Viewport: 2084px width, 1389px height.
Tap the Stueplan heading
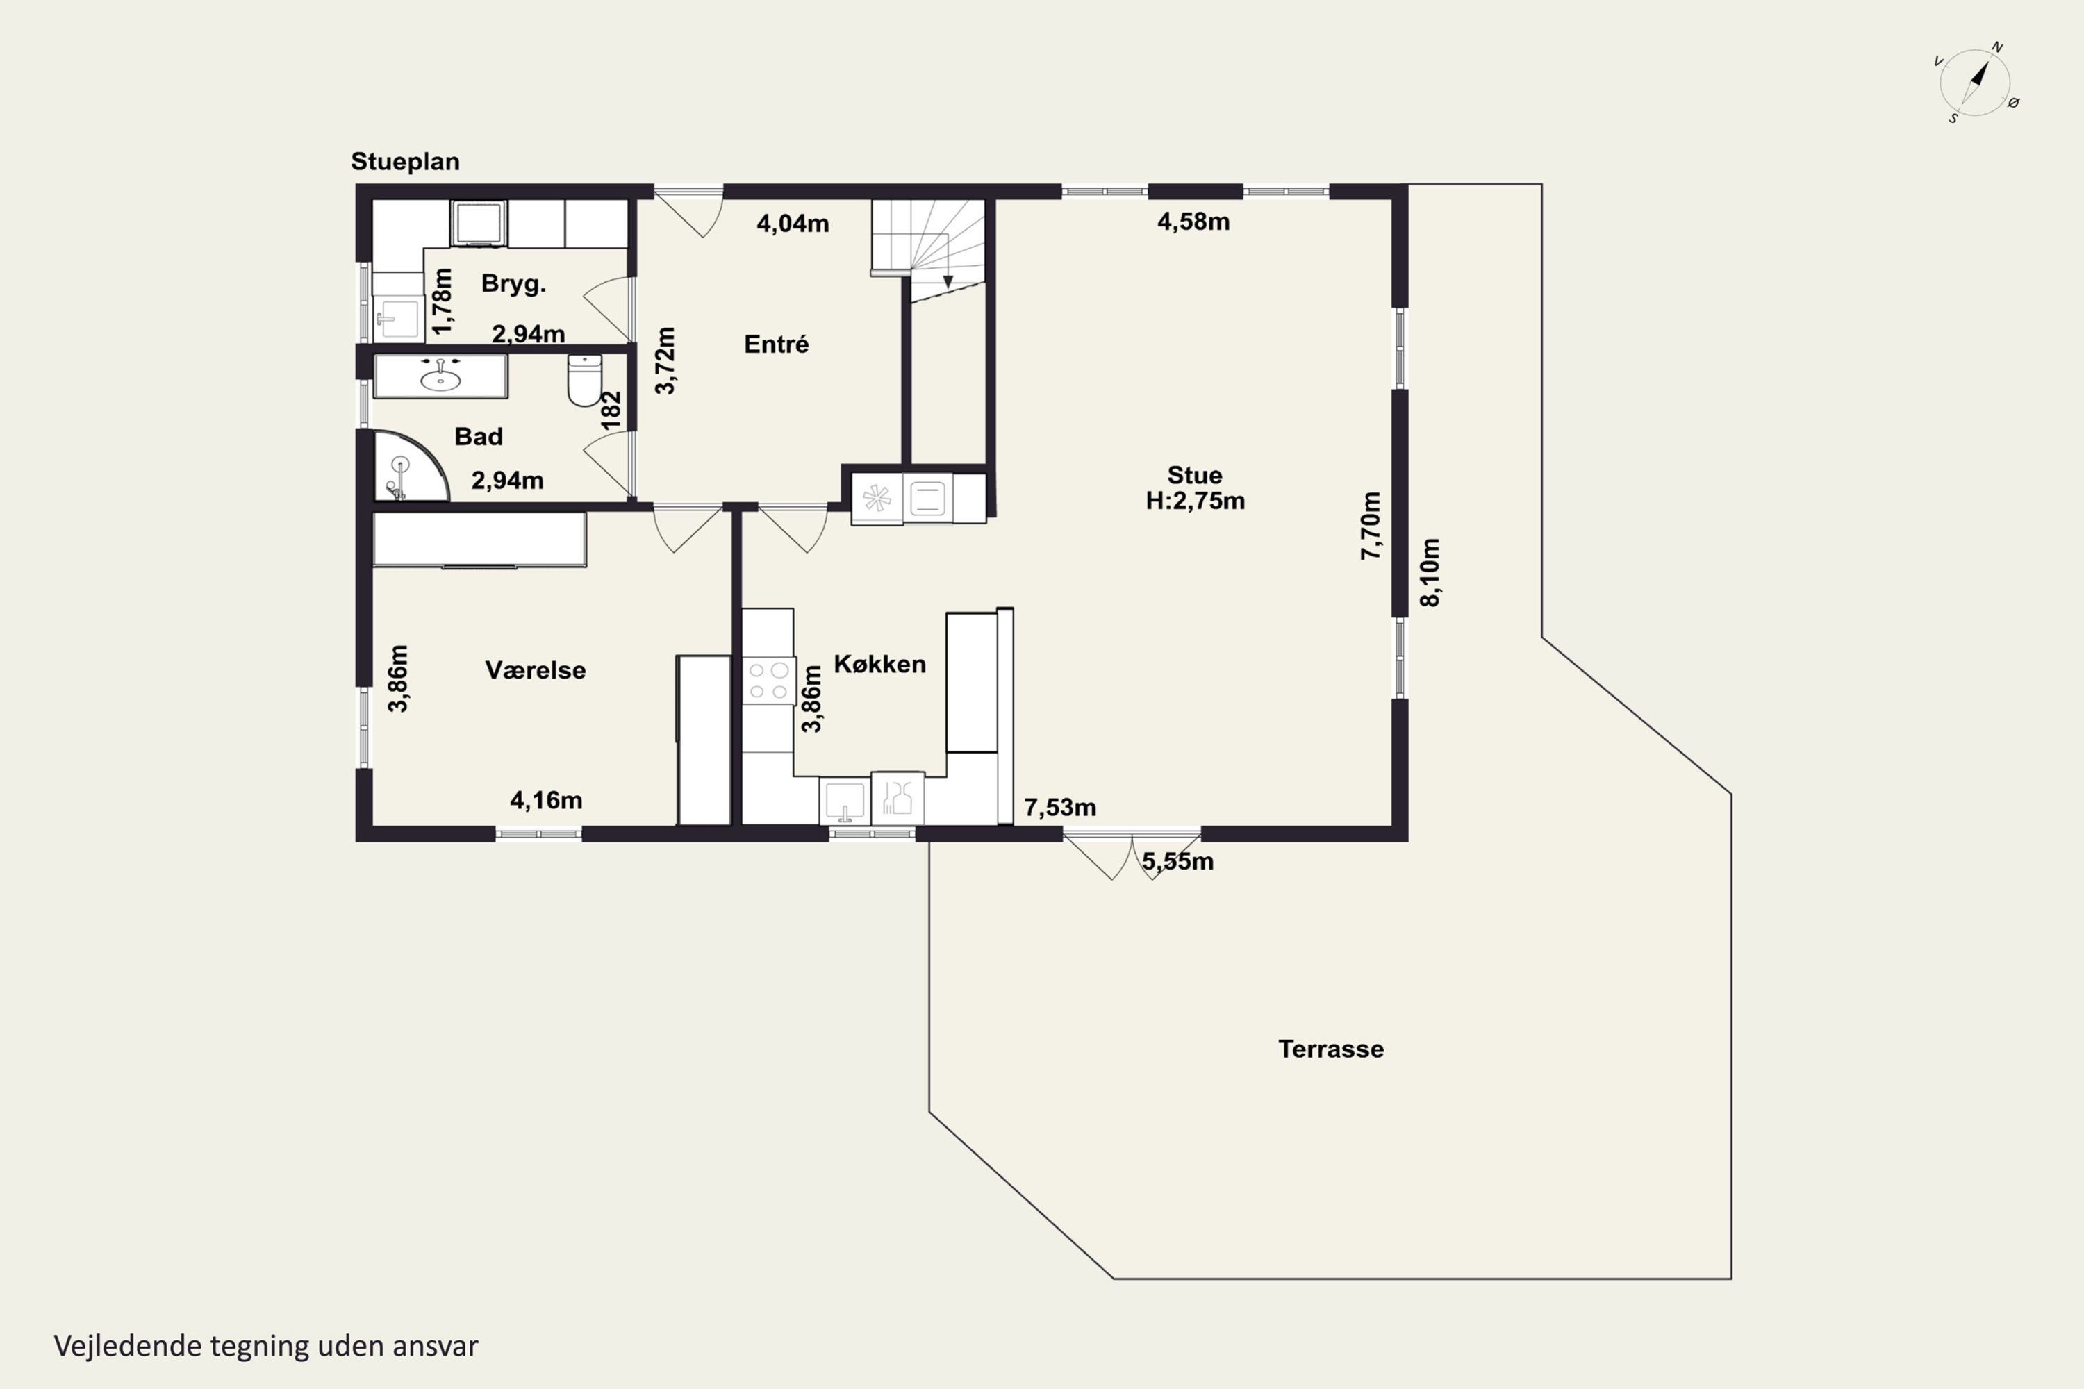405,161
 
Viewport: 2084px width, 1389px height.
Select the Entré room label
776,344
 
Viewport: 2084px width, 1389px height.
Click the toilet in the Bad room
585,380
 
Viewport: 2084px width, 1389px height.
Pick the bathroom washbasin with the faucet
440,376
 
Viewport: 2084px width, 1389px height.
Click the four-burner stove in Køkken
768,681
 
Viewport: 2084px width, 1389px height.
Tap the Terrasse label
1331,1049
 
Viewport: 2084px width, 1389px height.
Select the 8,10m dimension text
1430,572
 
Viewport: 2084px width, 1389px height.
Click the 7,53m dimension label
1060,807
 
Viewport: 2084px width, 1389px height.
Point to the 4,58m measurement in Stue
1193,222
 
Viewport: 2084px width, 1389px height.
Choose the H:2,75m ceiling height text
1196,501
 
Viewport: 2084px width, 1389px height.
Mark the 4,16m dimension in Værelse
546,800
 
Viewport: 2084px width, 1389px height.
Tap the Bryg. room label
514,283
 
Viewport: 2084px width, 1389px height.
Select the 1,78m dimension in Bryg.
441,301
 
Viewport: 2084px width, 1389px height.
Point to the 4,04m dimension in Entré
793,223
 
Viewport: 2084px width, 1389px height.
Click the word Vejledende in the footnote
128,1346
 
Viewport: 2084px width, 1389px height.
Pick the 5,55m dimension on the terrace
1177,861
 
